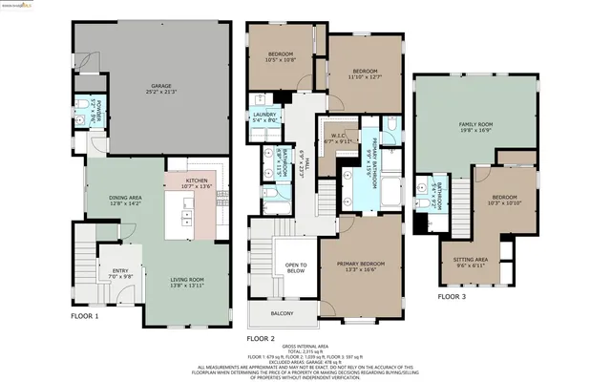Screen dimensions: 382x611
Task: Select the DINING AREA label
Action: click(125, 199)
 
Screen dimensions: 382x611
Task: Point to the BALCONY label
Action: click(282, 313)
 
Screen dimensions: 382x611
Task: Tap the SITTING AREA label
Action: click(470, 261)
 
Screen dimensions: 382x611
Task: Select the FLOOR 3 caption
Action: click(453, 297)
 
